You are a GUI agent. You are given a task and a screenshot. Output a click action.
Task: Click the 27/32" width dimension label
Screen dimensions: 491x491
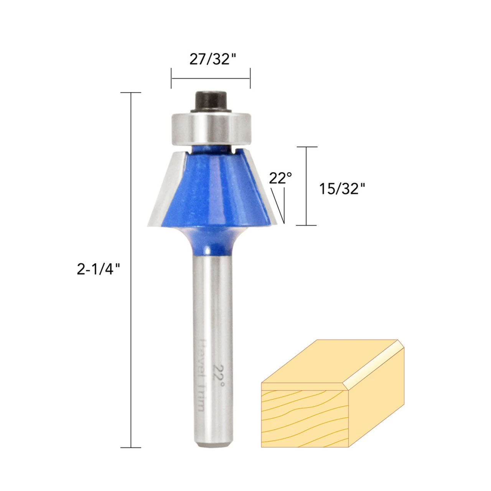click(x=213, y=59)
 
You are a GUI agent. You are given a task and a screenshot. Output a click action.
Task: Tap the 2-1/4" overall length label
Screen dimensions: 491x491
click(x=98, y=269)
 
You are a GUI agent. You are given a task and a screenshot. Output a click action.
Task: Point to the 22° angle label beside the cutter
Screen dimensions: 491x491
click(x=280, y=178)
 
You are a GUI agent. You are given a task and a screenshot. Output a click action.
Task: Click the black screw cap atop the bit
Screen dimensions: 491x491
click(x=211, y=102)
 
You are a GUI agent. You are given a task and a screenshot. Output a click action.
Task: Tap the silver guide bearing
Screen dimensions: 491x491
click(x=211, y=129)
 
